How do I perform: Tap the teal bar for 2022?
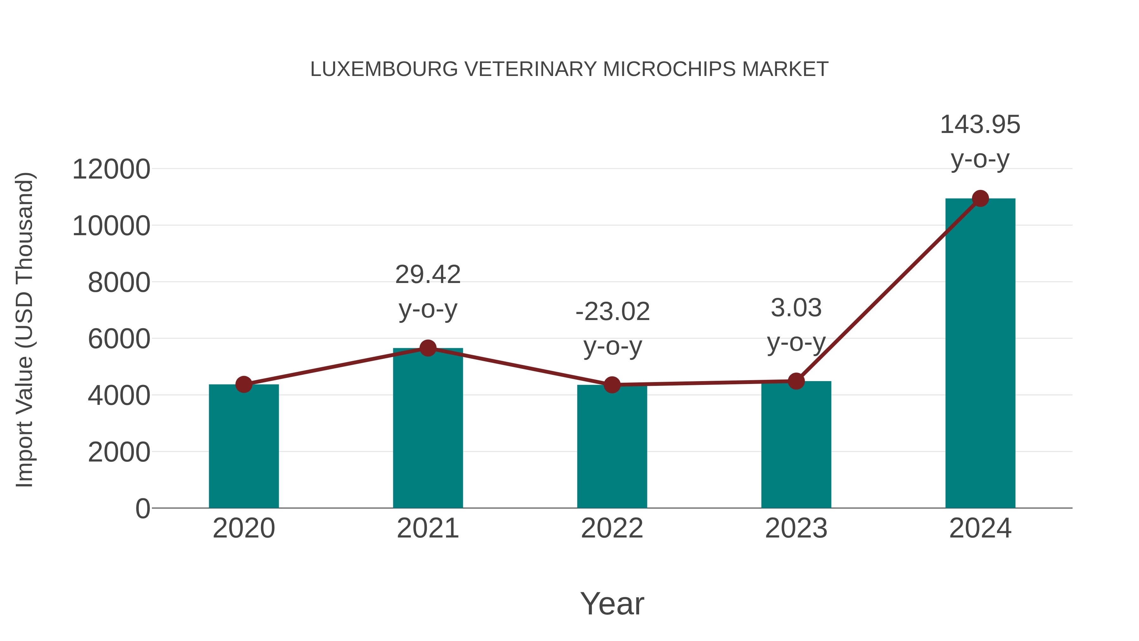pyautogui.click(x=612, y=446)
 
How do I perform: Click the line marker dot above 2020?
pyautogui.click(x=244, y=384)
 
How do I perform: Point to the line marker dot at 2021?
pyautogui.click(x=427, y=348)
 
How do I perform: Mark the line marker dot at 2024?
pyautogui.click(x=980, y=198)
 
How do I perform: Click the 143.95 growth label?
pyautogui.click(x=980, y=124)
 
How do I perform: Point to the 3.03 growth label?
pyautogui.click(x=796, y=308)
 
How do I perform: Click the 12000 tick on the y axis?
pyautogui.click(x=111, y=169)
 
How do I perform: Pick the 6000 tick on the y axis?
pyautogui.click(x=119, y=339)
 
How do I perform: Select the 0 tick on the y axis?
pyautogui.click(x=142, y=509)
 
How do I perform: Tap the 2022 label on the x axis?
pyautogui.click(x=612, y=528)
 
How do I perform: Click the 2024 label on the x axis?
pyautogui.click(x=980, y=528)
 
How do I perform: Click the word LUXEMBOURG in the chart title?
pyautogui.click(x=384, y=69)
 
